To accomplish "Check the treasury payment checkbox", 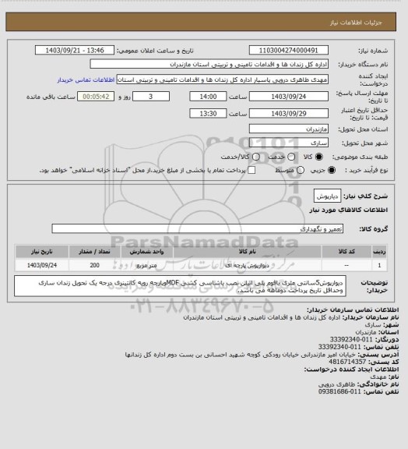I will (251, 170).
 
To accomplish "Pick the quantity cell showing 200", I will (116, 266).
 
